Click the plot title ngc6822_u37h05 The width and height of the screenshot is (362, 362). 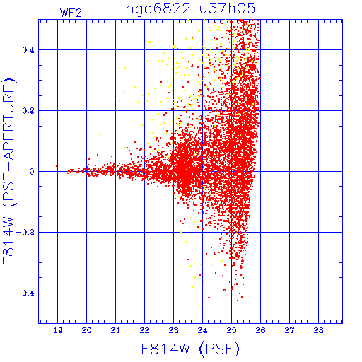coord(190,9)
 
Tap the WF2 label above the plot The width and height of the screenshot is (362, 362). coord(71,13)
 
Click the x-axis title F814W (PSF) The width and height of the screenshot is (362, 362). coord(190,349)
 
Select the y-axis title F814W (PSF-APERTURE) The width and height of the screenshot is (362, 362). coord(9,171)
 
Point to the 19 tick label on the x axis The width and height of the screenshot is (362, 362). coord(58,330)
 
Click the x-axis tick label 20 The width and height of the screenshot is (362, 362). coord(86,330)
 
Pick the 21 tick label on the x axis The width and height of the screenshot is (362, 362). coord(115,330)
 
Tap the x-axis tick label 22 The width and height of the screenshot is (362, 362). coord(144,330)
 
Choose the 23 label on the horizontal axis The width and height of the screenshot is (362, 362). coord(173,330)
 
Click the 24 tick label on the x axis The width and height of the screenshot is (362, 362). coord(202,330)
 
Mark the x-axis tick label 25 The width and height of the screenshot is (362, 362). coord(231,330)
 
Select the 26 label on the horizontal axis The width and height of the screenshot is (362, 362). coord(260,330)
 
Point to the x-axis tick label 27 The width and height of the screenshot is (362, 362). coord(289,330)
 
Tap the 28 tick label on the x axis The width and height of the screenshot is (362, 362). coord(318,330)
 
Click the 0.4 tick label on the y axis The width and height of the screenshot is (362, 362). coord(28,50)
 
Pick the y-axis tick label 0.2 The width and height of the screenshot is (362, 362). coord(28,111)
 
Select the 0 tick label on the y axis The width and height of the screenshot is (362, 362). coord(32,172)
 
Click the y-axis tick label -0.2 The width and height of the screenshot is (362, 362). coord(25,233)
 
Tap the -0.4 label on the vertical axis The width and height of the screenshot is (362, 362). coord(25,293)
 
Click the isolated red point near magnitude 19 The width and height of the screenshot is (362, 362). coord(57,166)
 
